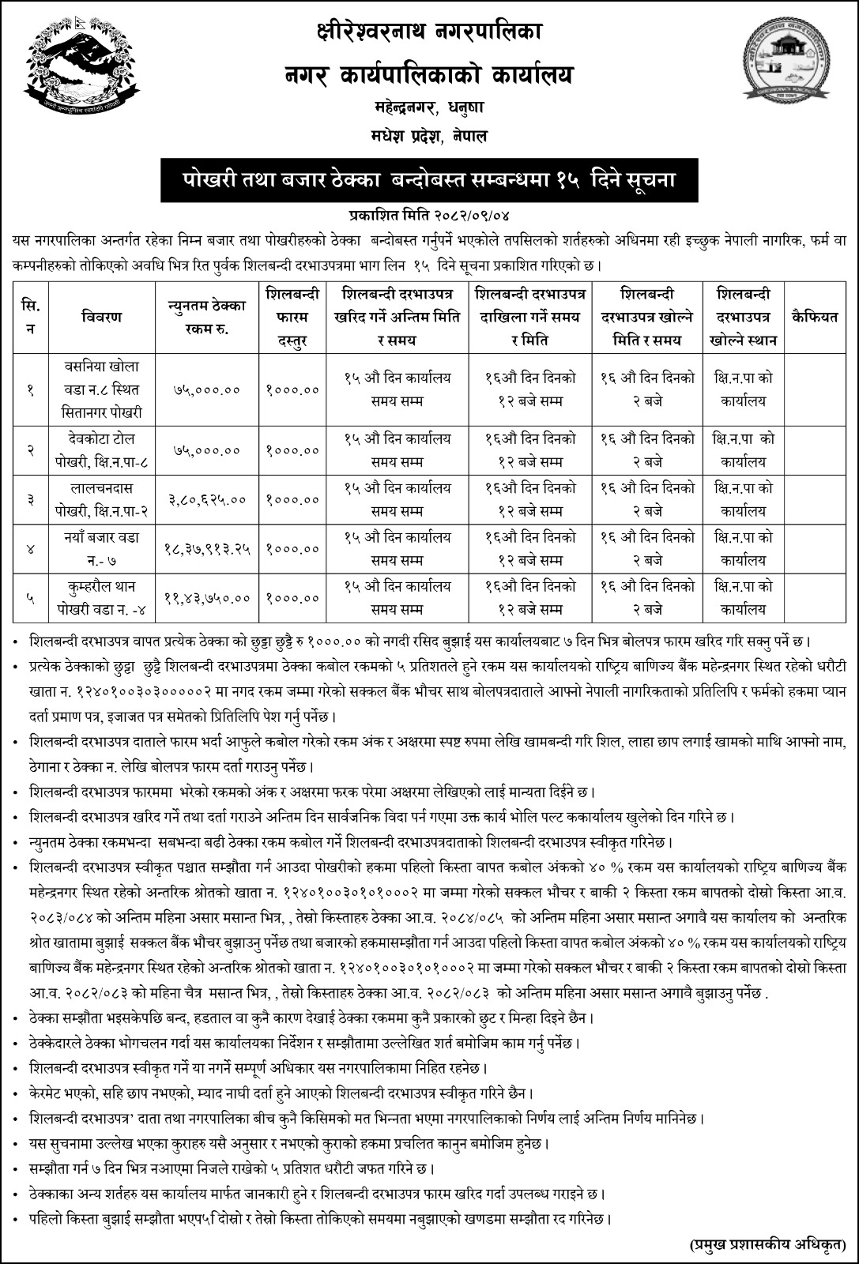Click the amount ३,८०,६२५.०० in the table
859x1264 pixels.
[208, 500]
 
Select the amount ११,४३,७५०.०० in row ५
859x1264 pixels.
[208, 599]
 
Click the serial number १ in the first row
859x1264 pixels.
[31, 389]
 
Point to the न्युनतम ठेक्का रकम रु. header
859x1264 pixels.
[208, 317]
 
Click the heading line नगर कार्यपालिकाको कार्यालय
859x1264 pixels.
[428, 77]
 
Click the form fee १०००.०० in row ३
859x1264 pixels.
[293, 500]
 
